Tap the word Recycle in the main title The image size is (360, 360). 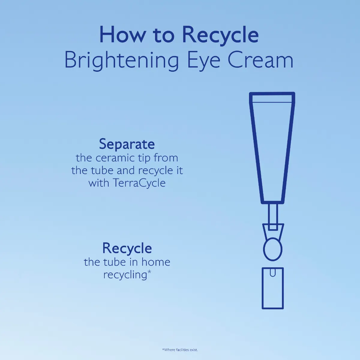tap(220, 35)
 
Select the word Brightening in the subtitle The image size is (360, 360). tap(121, 61)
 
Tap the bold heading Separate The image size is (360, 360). tap(127, 144)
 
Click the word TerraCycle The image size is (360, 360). tap(139, 183)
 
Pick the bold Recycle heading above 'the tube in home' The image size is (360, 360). tap(127, 248)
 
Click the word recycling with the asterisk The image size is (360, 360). tap(124, 275)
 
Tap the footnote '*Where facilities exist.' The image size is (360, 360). tap(180, 349)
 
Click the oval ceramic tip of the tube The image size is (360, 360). tap(272, 249)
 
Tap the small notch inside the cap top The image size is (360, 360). tap(272, 273)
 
